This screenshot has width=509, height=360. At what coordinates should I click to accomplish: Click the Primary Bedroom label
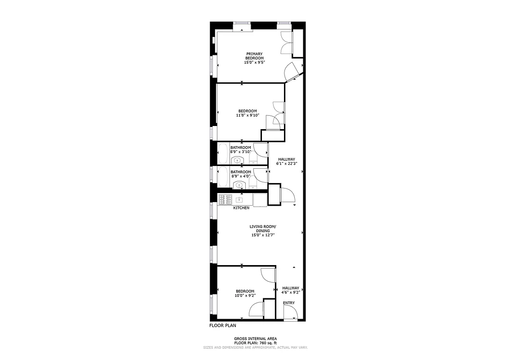click(254, 56)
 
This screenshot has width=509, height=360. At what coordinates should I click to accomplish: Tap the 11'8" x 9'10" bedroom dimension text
click(248, 115)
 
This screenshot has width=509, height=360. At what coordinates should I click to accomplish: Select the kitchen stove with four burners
click(225, 199)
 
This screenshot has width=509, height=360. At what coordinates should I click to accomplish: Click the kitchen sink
click(239, 199)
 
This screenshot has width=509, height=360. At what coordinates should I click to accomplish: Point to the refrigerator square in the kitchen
click(260, 200)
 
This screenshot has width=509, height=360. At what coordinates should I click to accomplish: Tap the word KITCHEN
click(241, 208)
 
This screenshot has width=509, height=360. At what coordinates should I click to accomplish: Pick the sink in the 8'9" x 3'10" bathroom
click(239, 161)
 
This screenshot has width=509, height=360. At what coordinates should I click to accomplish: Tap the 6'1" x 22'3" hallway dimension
click(287, 164)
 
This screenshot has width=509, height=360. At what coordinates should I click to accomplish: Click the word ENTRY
click(289, 303)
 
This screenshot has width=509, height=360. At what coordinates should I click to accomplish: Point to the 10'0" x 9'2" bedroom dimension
click(245, 296)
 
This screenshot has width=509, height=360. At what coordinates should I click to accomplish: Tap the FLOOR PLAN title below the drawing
click(223, 325)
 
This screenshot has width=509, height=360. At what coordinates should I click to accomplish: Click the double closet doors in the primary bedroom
click(286, 43)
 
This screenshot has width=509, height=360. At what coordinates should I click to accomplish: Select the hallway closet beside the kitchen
click(274, 195)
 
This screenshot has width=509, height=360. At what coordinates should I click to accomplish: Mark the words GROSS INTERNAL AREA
click(255, 338)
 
